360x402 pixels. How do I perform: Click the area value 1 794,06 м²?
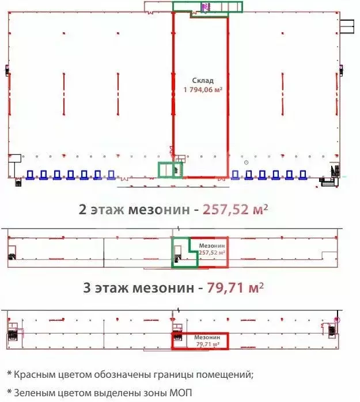point(203,89)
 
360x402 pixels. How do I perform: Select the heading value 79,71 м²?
point(235,286)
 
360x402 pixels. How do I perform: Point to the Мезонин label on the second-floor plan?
point(211,245)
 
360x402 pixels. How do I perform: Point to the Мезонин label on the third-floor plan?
point(206,337)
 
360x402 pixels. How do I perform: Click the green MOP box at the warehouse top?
point(208,7)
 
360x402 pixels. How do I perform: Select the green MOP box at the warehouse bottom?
point(170,170)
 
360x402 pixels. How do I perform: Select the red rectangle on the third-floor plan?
point(200,341)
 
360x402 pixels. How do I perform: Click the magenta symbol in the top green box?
point(204,6)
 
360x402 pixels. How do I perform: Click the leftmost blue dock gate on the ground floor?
point(31,175)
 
